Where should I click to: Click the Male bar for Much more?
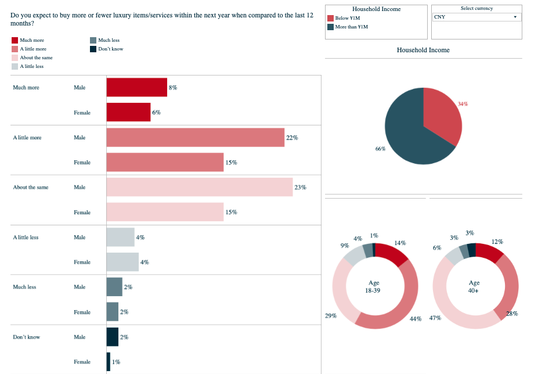click(136, 87)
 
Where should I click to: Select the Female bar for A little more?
click(165, 163)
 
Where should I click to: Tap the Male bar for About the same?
click(199, 187)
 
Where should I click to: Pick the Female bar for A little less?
click(122, 262)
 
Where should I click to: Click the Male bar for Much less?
click(114, 287)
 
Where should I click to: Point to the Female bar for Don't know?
click(108, 362)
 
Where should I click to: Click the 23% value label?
click(300, 188)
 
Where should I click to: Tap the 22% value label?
click(291, 138)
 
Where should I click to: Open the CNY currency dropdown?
click(476, 17)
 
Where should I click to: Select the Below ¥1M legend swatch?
click(331, 19)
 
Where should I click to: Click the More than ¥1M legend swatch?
click(331, 27)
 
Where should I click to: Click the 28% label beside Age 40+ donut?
click(512, 314)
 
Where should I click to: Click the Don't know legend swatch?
click(93, 49)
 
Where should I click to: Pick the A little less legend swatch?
click(15, 66)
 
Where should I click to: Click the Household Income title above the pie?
click(423, 50)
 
